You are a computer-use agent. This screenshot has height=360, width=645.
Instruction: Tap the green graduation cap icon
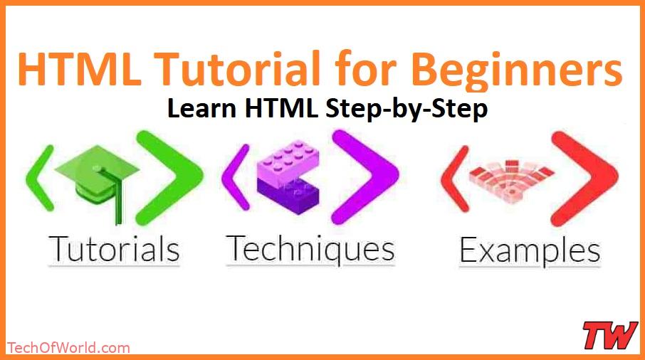click(106, 177)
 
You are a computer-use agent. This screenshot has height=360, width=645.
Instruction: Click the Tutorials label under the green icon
click(114, 250)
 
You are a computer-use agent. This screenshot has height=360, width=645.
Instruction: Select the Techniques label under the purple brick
click(310, 249)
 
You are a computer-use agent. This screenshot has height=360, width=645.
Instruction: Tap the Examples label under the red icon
click(529, 251)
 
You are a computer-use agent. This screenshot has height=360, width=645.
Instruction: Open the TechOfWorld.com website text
click(68, 348)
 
